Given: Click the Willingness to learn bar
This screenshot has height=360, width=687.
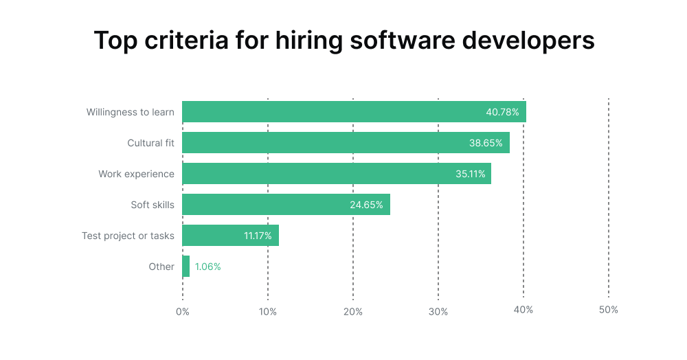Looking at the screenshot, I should (330, 112).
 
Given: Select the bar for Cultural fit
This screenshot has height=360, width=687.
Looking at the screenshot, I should (323, 143).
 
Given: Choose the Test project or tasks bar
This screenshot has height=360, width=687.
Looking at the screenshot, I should (213, 236).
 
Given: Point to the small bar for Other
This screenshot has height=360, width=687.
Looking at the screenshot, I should (185, 267).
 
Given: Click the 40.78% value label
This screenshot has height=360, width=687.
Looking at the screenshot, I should (502, 112).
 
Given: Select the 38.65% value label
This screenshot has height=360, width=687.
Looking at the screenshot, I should (486, 143).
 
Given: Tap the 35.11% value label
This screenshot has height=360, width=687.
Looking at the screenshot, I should (470, 174).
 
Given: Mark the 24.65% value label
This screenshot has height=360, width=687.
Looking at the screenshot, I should (367, 205).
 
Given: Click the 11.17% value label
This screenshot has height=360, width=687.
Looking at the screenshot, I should (258, 236).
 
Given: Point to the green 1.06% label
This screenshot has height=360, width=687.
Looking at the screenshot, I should (207, 267).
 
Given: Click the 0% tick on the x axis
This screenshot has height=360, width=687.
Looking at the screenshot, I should (182, 311).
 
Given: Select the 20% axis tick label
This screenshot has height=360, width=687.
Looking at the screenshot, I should (352, 311).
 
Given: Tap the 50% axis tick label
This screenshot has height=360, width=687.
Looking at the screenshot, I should (608, 310).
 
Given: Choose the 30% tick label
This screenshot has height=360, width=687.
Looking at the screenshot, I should (438, 311).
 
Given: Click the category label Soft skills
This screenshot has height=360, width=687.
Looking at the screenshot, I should (153, 205).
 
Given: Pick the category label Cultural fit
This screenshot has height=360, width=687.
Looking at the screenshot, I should (150, 143).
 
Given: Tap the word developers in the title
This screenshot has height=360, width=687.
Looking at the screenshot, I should (528, 41).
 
